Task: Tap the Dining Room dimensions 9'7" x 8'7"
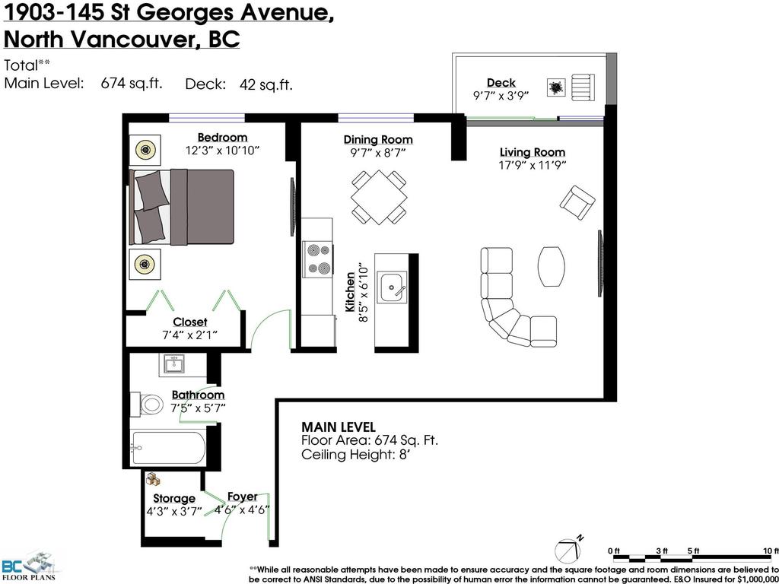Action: (x=378, y=153)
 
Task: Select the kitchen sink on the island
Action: (x=394, y=287)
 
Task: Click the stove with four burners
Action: (x=316, y=259)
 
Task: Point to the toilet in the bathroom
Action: (x=148, y=404)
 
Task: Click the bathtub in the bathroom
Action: (x=167, y=449)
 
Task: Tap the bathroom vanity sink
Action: (x=176, y=364)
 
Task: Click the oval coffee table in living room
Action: (x=552, y=265)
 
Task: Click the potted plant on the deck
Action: (x=557, y=88)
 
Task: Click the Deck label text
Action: (x=501, y=82)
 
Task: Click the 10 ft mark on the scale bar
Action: (x=771, y=551)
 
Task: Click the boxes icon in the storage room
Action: (x=154, y=480)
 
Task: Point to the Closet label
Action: (x=189, y=322)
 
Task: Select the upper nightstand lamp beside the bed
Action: (x=143, y=150)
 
